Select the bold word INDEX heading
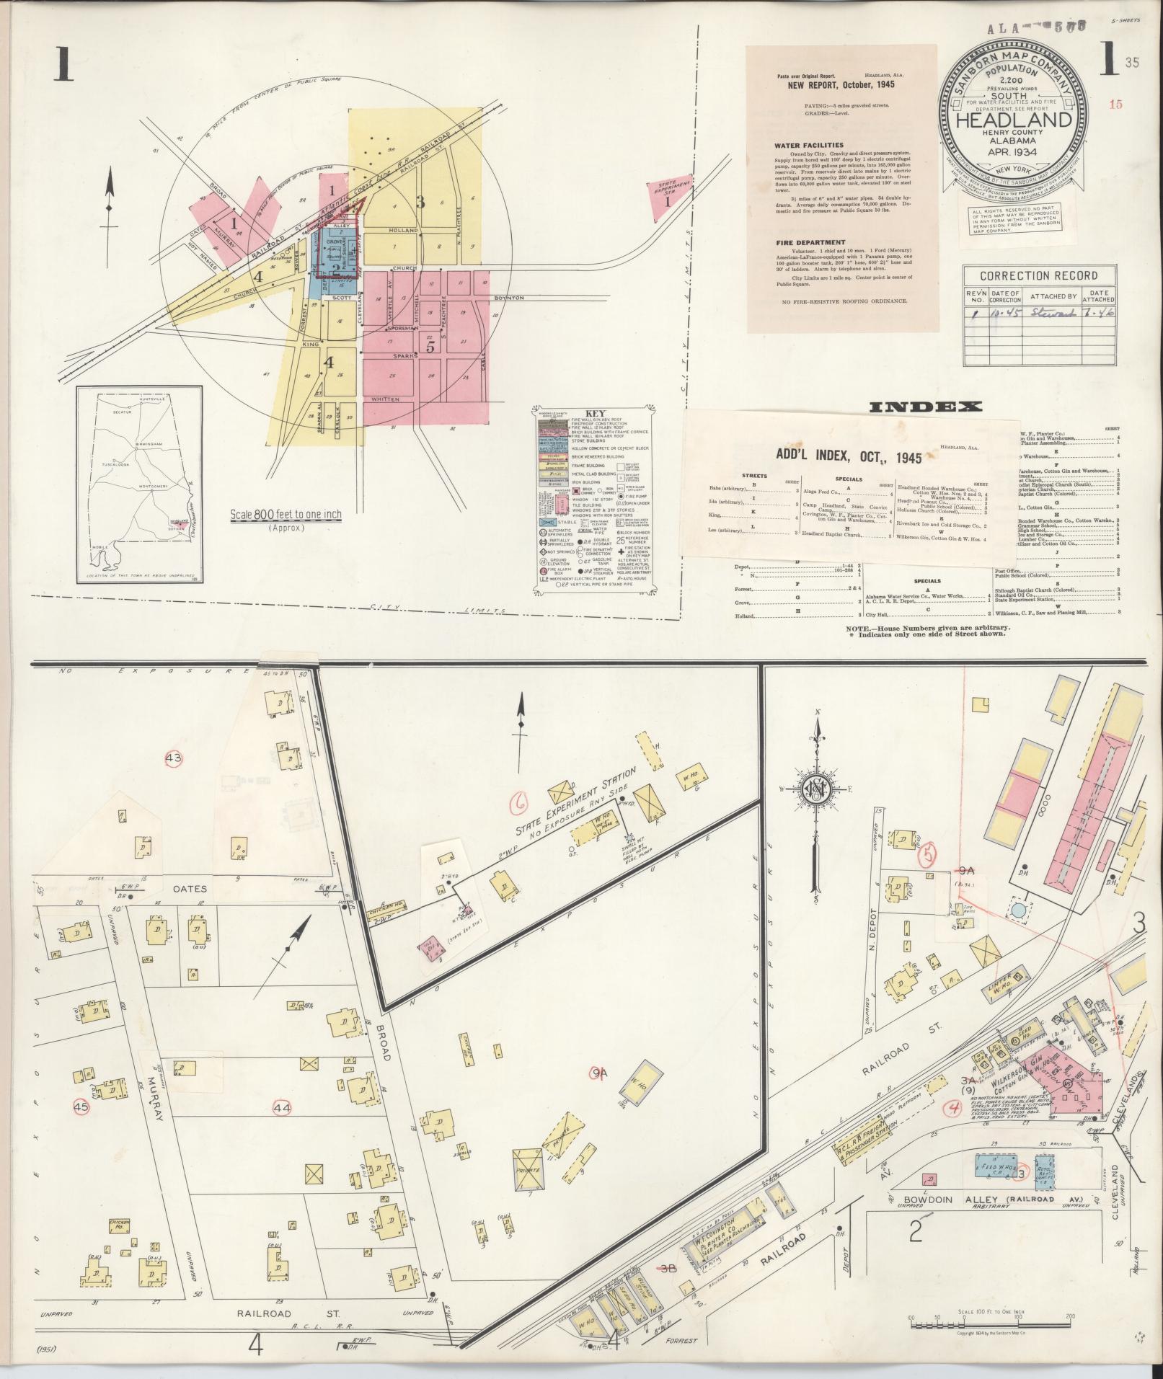pyautogui.click(x=926, y=407)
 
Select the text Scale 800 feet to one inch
pyautogui.click(x=286, y=515)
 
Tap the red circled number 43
pyautogui.click(x=174, y=758)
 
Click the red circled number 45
pyautogui.click(x=81, y=1107)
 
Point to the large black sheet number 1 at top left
pyautogui.click(x=61, y=66)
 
